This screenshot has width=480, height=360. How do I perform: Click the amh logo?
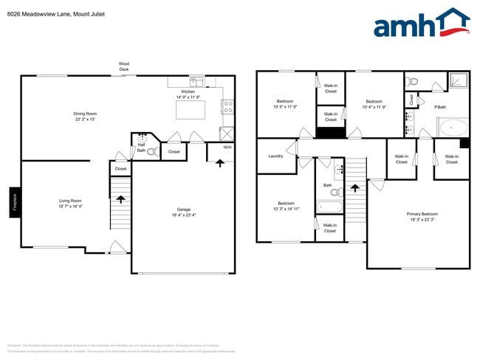pos(421,24)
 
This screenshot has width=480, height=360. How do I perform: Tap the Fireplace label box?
pos(14,201)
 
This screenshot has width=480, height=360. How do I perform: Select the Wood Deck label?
pos(124,66)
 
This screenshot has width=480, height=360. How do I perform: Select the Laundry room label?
pos(276,156)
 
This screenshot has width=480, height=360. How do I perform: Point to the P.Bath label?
pos(439,108)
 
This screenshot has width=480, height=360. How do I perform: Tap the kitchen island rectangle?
pos(191,110)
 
